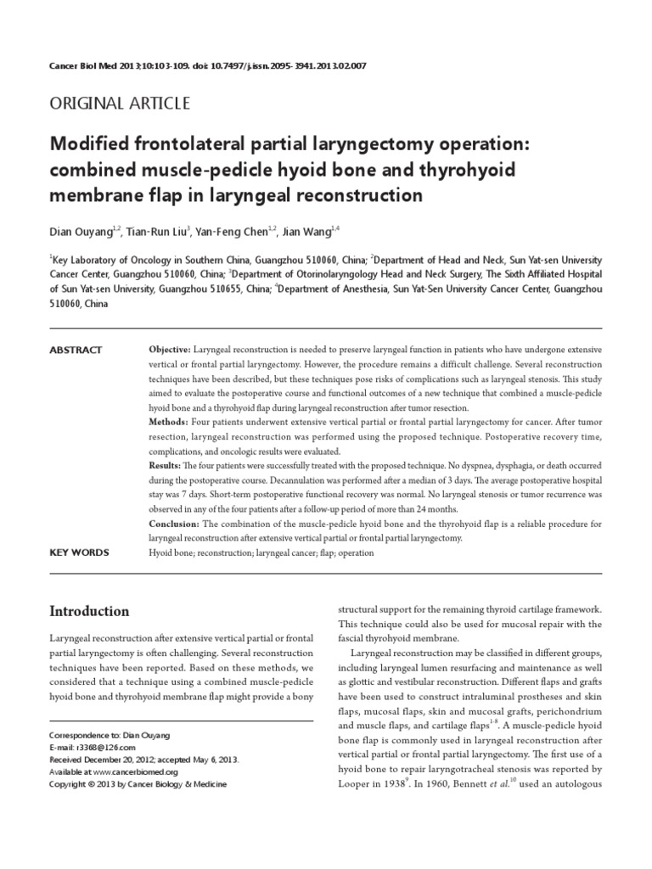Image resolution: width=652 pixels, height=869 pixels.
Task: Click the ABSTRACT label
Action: [76, 350]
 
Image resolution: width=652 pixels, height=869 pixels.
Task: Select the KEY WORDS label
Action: [79, 552]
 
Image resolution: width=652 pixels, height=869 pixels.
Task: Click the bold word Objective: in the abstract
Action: [171, 350]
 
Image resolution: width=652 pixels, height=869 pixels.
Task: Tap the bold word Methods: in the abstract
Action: [168, 422]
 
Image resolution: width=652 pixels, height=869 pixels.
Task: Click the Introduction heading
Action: [89, 611]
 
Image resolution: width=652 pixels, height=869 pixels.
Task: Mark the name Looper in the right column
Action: [358, 783]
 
